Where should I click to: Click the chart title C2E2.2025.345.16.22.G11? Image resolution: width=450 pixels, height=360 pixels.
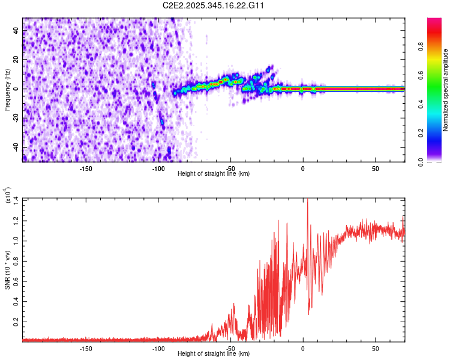[214, 6]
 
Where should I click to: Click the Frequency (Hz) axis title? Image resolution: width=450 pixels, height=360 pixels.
[7, 89]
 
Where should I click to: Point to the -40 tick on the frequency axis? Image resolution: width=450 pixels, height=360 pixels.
[16, 147]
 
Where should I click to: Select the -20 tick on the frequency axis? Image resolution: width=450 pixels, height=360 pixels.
[16, 118]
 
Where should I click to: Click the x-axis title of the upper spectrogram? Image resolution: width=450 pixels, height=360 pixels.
[214, 173]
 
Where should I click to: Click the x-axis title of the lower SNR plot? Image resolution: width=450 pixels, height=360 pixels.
[214, 353]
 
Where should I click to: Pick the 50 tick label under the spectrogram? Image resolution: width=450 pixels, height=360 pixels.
[376, 168]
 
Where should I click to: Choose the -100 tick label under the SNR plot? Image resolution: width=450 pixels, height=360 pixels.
[158, 348]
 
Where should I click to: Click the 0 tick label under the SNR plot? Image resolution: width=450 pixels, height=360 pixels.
[303, 348]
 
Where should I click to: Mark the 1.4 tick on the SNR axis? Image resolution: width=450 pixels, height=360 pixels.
[16, 199]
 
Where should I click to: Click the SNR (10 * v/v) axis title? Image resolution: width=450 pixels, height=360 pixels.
[7, 270]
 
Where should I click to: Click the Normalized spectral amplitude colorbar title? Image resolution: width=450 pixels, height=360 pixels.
[446, 90]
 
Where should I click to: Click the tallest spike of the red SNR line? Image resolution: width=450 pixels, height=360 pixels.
[308, 200]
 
